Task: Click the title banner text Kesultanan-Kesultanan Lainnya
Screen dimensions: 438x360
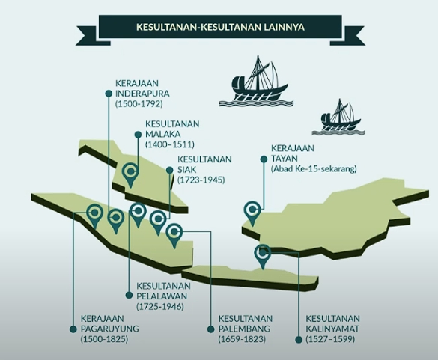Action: (x=220, y=27)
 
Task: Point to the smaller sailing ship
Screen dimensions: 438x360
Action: (x=338, y=117)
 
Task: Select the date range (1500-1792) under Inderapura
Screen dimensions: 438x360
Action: (x=139, y=104)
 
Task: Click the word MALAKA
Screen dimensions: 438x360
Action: (x=163, y=134)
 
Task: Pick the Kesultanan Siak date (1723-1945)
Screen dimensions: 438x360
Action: (x=201, y=180)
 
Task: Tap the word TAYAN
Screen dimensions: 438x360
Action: (x=284, y=159)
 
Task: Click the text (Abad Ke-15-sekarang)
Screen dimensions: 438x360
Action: (x=314, y=169)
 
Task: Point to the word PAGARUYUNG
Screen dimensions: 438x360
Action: (x=110, y=329)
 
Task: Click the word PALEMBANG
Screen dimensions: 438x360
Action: (x=244, y=329)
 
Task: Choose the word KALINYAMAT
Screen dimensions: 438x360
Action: (x=332, y=329)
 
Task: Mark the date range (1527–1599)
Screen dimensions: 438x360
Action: (x=330, y=339)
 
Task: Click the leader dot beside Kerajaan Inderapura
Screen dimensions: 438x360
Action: (x=109, y=94)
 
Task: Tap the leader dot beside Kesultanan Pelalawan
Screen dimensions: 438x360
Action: (x=129, y=295)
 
